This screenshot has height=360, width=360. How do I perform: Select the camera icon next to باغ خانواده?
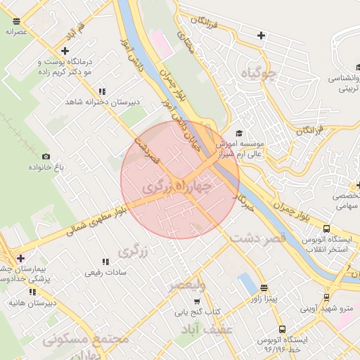pos(46,156)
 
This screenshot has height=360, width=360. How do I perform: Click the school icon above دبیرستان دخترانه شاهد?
pos(103,91)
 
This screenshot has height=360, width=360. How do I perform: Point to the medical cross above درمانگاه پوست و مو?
pos(65,51)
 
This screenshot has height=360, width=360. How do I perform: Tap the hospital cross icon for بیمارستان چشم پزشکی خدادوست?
pos(20,258)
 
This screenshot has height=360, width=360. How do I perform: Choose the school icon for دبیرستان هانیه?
pos(32,291)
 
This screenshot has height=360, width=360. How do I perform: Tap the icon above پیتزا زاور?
pos(264,288)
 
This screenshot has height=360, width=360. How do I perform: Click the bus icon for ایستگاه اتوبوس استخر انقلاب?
pos(326,229)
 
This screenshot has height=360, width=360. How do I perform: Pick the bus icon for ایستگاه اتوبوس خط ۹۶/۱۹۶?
pos(282,329)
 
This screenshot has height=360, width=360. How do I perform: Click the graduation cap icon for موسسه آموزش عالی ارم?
pos(239,133)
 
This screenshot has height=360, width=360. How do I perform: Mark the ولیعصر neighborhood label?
pos(186,285)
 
